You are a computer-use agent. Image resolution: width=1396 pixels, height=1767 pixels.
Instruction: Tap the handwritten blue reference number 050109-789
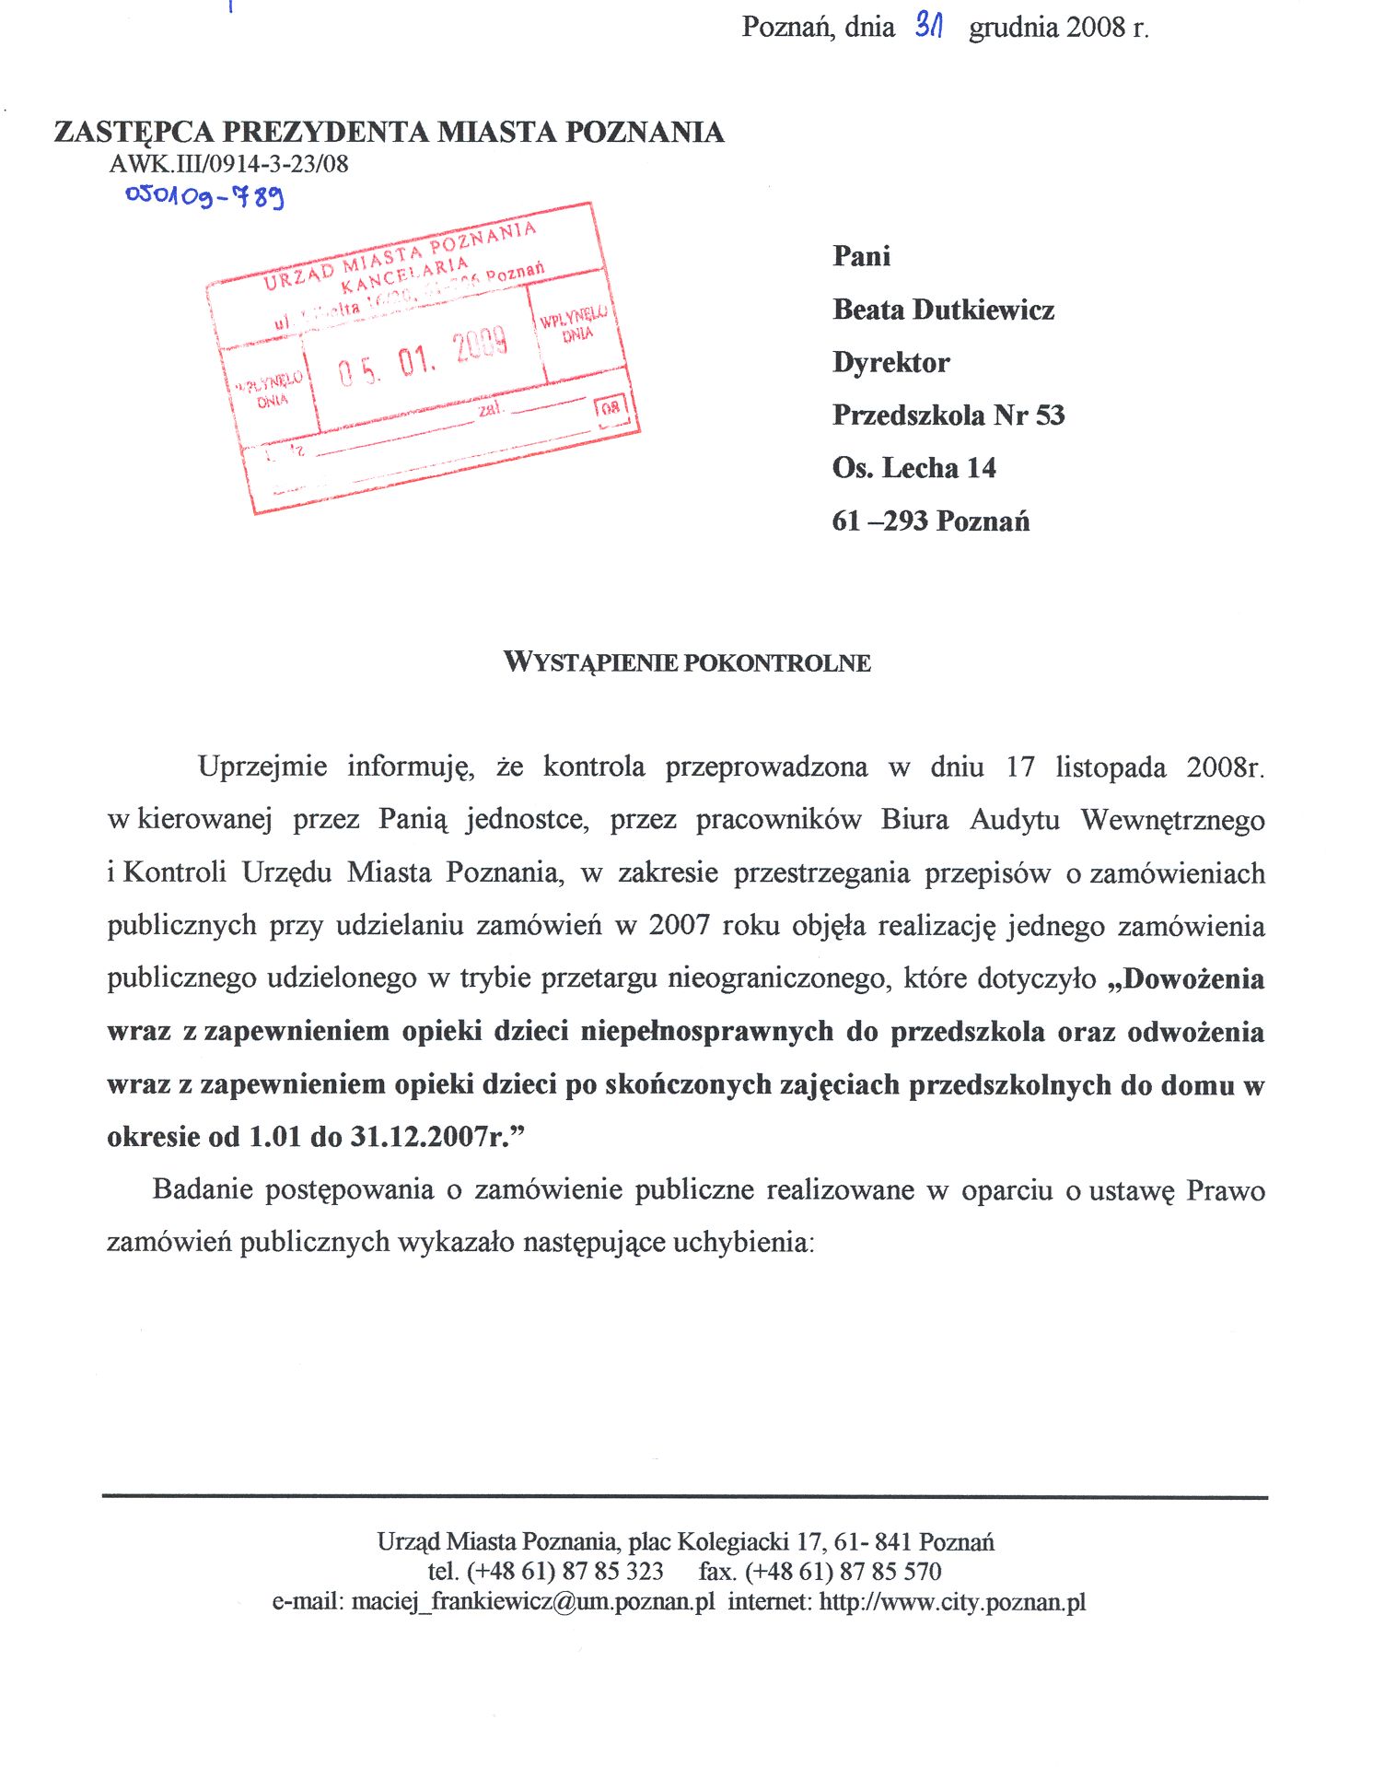pos(204,194)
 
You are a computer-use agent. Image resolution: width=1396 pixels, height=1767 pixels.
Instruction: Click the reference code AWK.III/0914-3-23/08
pos(228,164)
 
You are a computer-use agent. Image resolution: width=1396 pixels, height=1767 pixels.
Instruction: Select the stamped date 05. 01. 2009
pos(422,357)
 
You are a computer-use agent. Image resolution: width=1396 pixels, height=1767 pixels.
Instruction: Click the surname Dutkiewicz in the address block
pos(983,310)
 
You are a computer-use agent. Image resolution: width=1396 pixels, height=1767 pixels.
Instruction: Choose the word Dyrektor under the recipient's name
pos(890,362)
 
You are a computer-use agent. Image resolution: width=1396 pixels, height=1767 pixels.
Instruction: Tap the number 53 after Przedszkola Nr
pos(1050,415)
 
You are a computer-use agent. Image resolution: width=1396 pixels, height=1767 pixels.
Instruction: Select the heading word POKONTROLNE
pos(776,662)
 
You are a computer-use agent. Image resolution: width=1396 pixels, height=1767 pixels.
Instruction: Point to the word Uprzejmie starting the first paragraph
pos(262,766)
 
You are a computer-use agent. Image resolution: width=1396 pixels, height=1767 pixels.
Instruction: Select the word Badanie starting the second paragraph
pos(203,1189)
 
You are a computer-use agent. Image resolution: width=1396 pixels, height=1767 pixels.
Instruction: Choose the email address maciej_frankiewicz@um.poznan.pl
pos(532,1601)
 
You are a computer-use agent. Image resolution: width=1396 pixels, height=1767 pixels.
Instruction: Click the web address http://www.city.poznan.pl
pos(952,1601)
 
